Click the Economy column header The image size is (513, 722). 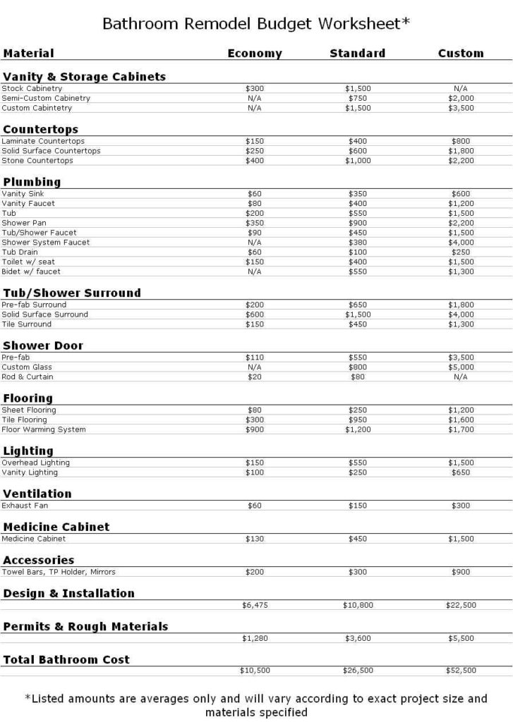click(254, 54)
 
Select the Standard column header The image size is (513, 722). click(357, 54)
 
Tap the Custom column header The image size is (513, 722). click(461, 54)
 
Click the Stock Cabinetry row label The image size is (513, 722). click(32, 89)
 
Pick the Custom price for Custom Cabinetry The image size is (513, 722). click(461, 109)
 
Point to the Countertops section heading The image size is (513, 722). click(40, 130)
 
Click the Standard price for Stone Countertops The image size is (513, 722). click(358, 161)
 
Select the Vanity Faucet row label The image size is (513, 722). click(28, 204)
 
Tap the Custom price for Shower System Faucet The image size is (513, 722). click(461, 243)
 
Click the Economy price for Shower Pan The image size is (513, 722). click(255, 223)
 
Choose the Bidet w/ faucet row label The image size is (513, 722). click(31, 271)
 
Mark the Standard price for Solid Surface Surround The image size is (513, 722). click(358, 314)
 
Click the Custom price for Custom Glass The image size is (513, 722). click(461, 367)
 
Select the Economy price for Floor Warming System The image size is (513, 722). click(255, 429)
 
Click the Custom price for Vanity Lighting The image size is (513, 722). click(461, 472)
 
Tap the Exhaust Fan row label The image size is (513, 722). click(25, 506)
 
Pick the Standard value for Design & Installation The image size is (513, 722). click(358, 605)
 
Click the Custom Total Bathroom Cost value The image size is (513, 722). click(461, 671)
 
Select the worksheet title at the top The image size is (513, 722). click(256, 24)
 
